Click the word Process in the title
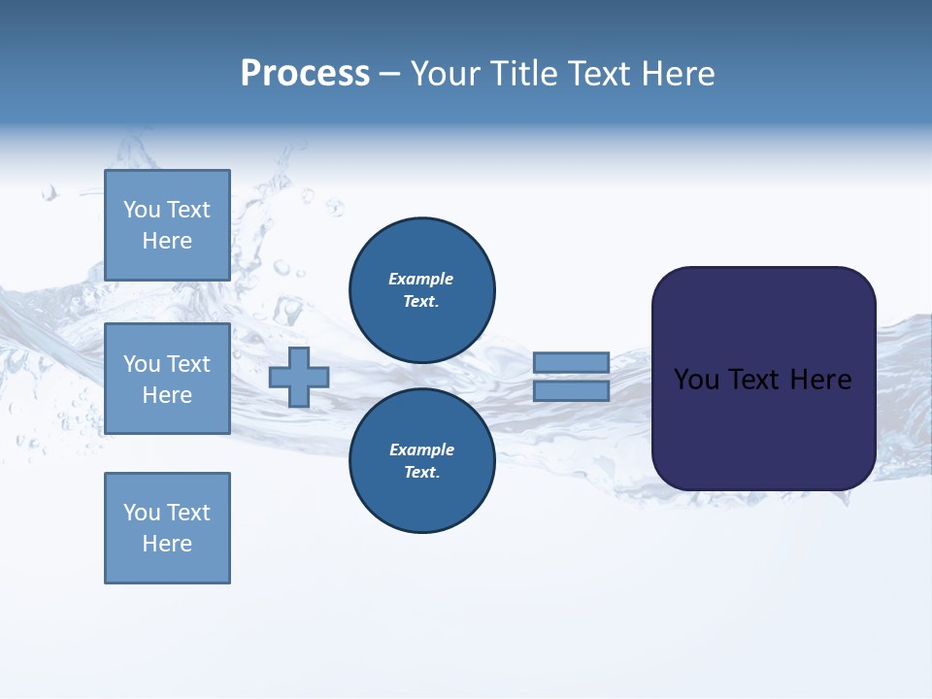point(305,74)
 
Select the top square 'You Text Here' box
point(167,225)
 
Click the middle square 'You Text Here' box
point(167,379)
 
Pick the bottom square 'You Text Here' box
point(167,528)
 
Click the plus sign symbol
point(299,377)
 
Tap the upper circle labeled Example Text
point(421,289)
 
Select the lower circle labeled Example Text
point(421,460)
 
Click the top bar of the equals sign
point(571,362)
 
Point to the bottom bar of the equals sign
point(571,390)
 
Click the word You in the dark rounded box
point(696,380)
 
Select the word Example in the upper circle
point(421,279)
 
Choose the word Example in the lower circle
point(421,449)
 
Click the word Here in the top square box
point(167,241)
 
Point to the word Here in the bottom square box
point(167,544)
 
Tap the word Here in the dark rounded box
point(820,380)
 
